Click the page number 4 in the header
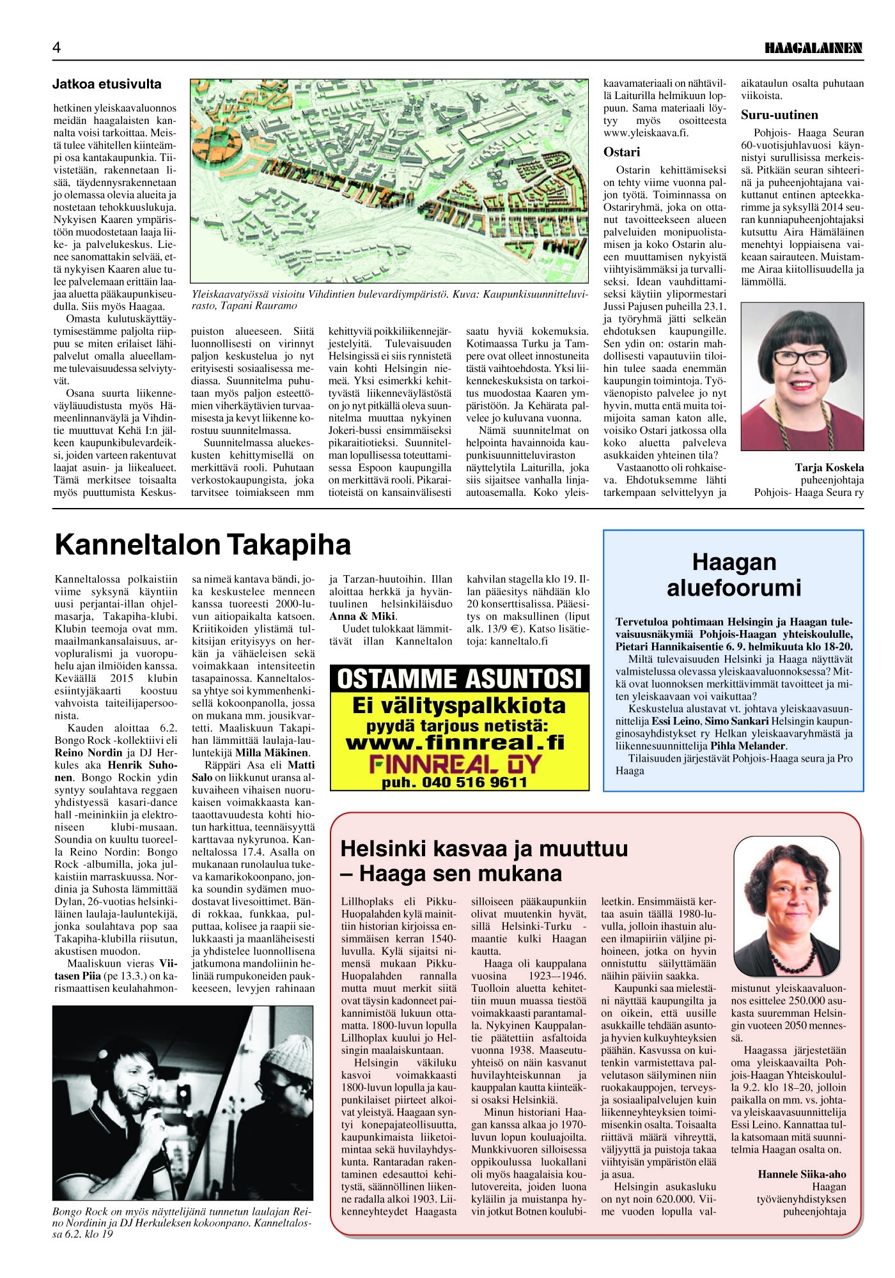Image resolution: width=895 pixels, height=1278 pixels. pos(57,48)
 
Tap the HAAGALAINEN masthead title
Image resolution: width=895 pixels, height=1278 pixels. pos(814,48)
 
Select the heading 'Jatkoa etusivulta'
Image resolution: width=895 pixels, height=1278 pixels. pos(107,84)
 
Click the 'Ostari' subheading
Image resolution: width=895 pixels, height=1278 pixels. pos(621,152)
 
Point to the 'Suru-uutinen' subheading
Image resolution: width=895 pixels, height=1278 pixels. pos(779,115)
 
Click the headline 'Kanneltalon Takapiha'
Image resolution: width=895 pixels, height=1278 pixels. pos(203,544)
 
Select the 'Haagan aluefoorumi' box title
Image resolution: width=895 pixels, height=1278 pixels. pos(733,574)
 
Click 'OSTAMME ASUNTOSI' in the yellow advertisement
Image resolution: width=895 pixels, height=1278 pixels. pos(459,678)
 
